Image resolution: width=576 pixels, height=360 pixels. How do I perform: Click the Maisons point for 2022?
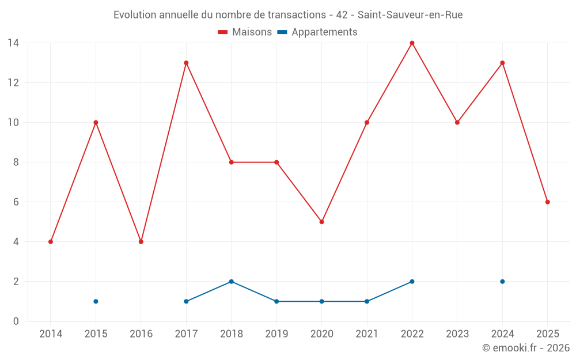412,43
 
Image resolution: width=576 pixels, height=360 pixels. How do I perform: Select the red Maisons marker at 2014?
51,242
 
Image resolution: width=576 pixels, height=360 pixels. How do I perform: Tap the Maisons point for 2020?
321,222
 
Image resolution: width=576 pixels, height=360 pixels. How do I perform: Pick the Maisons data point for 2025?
547,202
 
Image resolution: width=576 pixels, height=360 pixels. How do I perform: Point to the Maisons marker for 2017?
186,63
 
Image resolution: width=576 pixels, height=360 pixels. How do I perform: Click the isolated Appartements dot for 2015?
96,301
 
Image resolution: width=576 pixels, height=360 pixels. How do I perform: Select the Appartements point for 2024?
502,282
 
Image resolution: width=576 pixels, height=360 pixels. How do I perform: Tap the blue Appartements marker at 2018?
231,282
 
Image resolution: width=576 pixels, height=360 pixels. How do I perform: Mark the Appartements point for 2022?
412,282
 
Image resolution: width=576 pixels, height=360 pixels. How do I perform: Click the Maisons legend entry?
245,32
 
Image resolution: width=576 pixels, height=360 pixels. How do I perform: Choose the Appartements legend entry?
317,32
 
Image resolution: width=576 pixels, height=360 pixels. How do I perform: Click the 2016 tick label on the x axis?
141,334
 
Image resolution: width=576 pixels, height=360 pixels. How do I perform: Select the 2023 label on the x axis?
457,334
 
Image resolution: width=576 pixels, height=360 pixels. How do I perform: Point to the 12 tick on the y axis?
13,83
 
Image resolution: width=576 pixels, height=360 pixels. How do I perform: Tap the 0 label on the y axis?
16,321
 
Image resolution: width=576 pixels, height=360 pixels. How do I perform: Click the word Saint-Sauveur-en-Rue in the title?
410,15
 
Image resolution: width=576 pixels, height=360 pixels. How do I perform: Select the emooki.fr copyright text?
526,348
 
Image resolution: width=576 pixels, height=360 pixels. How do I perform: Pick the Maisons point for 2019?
276,162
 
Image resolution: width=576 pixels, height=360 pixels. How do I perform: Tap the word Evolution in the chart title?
134,15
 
